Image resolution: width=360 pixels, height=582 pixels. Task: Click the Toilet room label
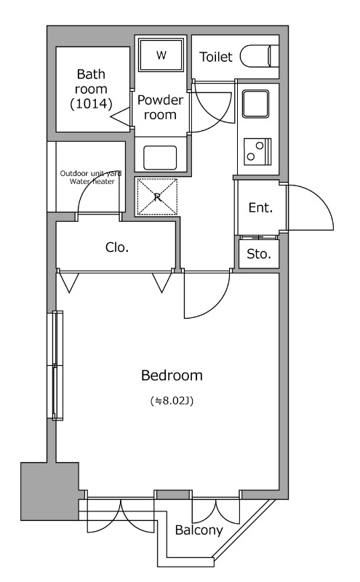pyautogui.click(x=215, y=57)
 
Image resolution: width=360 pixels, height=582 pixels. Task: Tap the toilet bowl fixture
pyautogui.click(x=259, y=57)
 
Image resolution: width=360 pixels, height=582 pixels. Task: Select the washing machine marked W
pyautogui.click(x=161, y=55)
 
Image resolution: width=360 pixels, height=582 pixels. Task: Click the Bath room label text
pyautogui.click(x=91, y=81)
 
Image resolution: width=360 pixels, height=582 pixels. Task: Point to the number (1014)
pyautogui.click(x=91, y=103)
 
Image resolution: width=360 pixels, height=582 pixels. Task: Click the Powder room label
pyautogui.click(x=160, y=107)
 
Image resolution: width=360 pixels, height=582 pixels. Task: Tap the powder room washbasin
pyautogui.click(x=160, y=158)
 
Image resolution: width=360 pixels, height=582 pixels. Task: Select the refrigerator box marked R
pyautogui.click(x=157, y=196)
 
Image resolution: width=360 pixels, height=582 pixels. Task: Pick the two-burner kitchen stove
pyautogui.click(x=257, y=151)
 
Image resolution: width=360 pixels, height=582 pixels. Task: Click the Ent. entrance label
pyautogui.click(x=260, y=207)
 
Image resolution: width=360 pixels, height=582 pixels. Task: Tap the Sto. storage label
pyautogui.click(x=259, y=254)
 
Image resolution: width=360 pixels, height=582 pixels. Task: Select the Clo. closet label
pyautogui.click(x=117, y=247)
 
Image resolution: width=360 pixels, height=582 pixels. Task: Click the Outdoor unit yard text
pyautogui.click(x=91, y=173)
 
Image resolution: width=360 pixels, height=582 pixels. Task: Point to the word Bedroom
pyautogui.click(x=172, y=375)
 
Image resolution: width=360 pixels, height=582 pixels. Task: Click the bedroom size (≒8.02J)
pyautogui.click(x=172, y=401)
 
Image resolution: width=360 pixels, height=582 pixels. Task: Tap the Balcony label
pyautogui.click(x=199, y=530)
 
